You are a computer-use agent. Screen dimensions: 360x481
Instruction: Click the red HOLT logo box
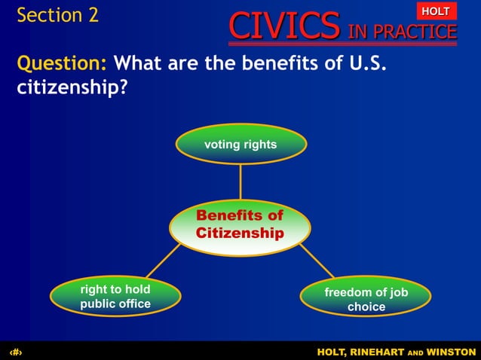(435, 11)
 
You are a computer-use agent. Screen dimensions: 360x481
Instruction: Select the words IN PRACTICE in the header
(402, 31)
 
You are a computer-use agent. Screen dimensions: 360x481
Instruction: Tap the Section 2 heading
(57, 15)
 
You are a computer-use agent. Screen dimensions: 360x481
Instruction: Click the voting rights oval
(240, 144)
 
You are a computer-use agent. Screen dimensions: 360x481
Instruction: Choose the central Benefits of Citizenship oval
(240, 224)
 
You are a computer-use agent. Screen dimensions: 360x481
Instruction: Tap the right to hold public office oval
(115, 297)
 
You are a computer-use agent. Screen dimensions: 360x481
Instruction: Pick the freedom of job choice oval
(366, 299)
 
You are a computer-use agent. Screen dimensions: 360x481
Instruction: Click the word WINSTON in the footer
(451, 352)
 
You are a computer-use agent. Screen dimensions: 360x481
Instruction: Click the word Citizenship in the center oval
(240, 233)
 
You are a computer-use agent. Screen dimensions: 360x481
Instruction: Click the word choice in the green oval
(366, 307)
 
